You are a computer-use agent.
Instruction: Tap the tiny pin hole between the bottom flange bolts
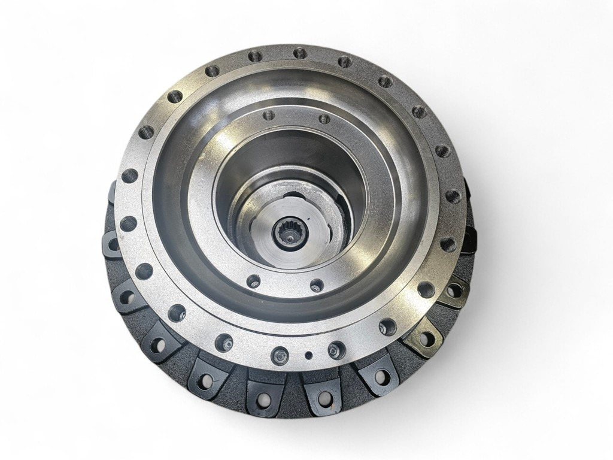coord(308,355)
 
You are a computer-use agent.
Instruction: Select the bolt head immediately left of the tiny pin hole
coord(279,355)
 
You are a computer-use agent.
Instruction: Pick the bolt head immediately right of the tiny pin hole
coord(336,349)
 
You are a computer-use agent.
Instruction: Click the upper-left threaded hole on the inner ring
coord(269,114)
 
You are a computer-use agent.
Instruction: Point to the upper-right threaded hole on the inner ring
coord(324,119)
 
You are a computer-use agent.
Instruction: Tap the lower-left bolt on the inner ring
coord(254,281)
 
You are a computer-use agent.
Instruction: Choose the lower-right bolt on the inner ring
coord(317,285)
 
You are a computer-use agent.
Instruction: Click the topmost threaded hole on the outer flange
coord(300,53)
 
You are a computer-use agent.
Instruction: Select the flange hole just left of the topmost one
coord(256,56)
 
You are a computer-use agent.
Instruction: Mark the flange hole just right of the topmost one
coord(344,61)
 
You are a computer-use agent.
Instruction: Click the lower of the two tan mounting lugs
coord(426,338)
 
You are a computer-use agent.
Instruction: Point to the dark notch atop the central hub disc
coord(293,196)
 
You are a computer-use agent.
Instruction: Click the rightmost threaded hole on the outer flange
coord(453,196)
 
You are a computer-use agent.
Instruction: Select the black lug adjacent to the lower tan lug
coord(380,376)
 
